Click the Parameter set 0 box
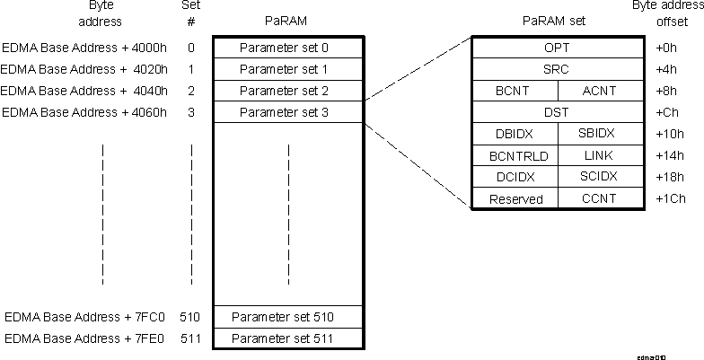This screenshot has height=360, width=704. tap(288, 47)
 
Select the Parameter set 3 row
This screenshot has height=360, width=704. tap(288, 112)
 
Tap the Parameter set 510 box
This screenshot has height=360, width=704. tap(288, 317)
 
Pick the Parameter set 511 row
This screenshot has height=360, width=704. tap(288, 338)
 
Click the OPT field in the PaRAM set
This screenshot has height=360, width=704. tap(557, 47)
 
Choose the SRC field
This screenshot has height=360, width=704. tap(557, 68)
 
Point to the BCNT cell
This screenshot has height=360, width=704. tap(515, 90)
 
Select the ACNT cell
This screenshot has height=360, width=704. tap(600, 90)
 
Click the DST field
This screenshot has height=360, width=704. tap(557, 112)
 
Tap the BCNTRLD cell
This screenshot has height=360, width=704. tap(515, 155)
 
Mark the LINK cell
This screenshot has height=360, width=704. tap(600, 155)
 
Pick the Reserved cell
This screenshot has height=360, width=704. tap(515, 198)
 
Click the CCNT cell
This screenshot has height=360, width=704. tap(600, 198)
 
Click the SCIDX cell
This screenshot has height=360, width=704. tap(600, 177)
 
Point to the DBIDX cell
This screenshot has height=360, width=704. tap(515, 134)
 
